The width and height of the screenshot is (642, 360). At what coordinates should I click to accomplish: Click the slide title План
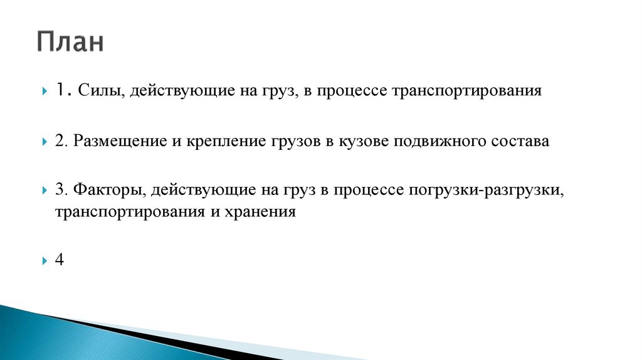point(70,43)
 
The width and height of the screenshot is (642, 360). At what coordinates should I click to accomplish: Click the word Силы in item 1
point(95,92)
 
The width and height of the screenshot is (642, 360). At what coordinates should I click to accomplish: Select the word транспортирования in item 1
point(466,92)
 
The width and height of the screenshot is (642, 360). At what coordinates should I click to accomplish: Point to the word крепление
point(214,141)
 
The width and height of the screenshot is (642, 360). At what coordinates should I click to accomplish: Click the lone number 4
point(59,260)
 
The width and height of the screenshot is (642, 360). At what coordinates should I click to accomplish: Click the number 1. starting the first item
point(62,92)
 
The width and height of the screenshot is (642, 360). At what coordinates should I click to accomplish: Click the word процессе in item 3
point(370,189)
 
